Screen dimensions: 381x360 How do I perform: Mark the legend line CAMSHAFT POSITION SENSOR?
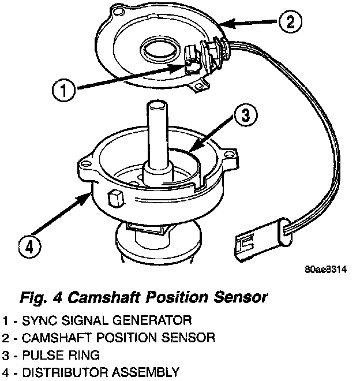(109, 337)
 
